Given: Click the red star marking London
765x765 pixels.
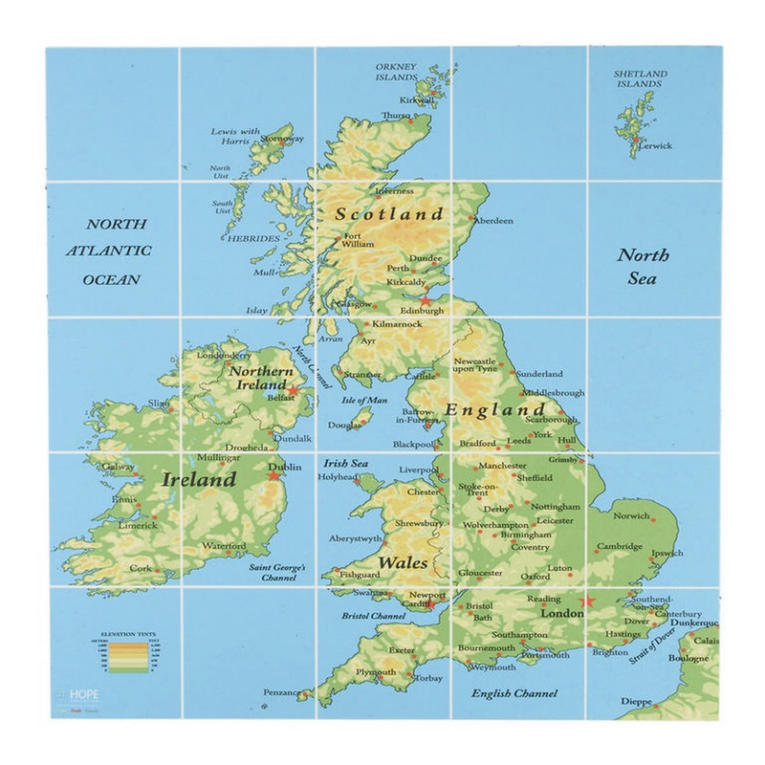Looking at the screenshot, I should (x=588, y=601).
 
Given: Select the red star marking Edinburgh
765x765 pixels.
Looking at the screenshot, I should (x=426, y=300).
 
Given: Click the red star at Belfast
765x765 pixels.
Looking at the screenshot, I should (x=295, y=390).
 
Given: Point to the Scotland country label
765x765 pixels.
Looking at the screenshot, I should (x=388, y=214).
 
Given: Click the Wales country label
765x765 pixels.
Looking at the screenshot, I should (x=403, y=562).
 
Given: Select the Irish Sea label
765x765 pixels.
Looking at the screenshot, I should (x=345, y=463).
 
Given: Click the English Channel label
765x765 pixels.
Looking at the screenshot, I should (x=515, y=691).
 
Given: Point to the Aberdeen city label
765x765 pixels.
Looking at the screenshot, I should (x=493, y=221).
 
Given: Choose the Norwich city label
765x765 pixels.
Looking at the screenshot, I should (x=631, y=515).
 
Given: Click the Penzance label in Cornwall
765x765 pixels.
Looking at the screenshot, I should (x=282, y=691).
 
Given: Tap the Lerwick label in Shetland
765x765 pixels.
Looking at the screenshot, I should (x=655, y=146).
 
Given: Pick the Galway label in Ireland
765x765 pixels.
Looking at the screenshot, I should (x=119, y=468).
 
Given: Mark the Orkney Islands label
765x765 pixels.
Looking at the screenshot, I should (x=396, y=73).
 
